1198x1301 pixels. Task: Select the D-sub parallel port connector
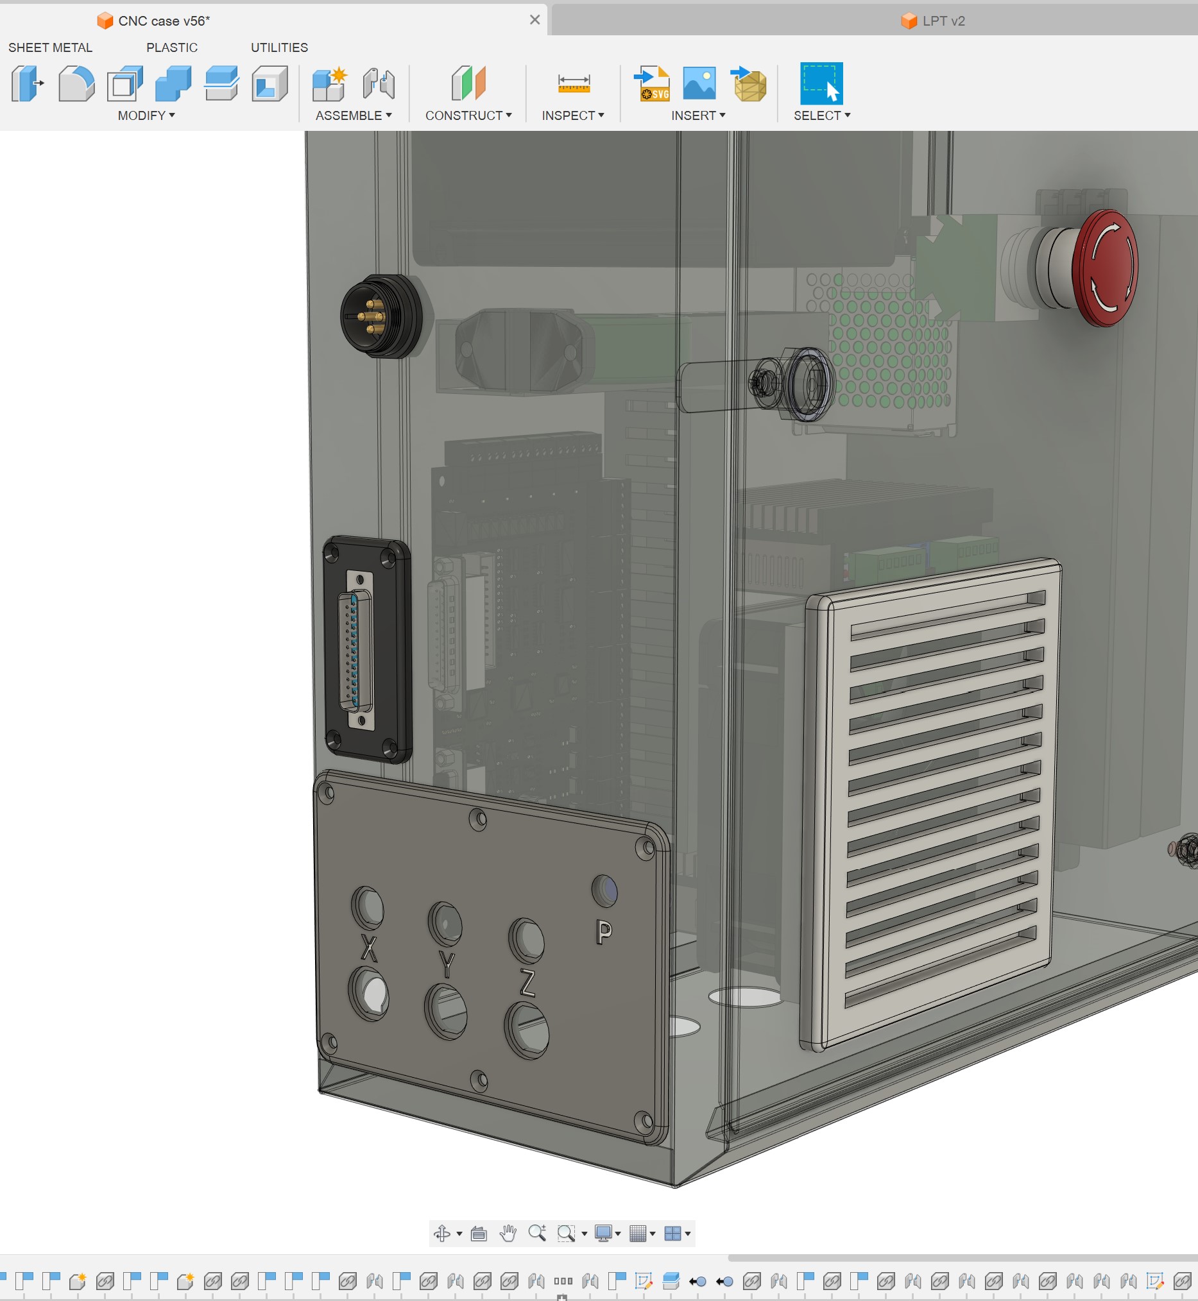pos(357,650)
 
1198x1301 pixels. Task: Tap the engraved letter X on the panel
pos(369,948)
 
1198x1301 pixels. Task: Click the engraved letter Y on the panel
pos(447,965)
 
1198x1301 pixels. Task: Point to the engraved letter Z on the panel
pos(527,983)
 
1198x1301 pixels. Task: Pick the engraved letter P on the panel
pos(604,932)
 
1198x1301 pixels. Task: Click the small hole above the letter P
pos(604,890)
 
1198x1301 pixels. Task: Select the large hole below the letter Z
pos(526,1031)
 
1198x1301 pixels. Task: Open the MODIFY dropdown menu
pos(146,115)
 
